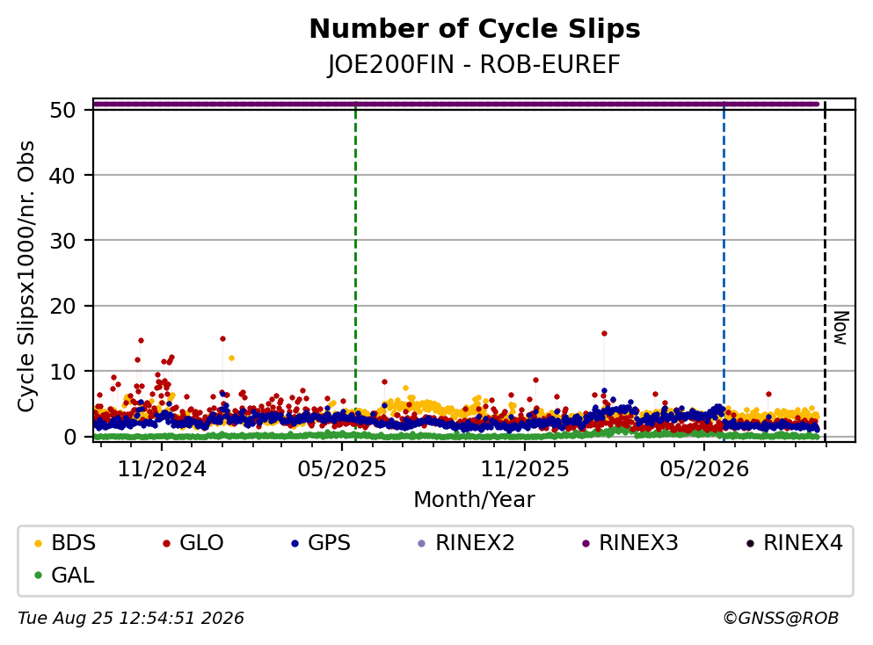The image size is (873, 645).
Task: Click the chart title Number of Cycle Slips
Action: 475,29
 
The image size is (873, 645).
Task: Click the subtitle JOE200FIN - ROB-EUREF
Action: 474,64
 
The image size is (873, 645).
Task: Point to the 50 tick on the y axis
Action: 62,110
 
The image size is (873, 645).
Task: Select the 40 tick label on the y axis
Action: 62,176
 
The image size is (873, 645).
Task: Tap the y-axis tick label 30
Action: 62,241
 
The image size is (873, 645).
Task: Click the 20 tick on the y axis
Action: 62,306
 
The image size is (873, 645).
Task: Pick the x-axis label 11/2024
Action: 162,469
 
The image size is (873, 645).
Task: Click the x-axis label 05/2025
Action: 341,469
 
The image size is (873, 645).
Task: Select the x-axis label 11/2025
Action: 525,469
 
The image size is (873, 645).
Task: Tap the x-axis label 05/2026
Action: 704,469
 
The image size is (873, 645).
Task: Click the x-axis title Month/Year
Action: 474,500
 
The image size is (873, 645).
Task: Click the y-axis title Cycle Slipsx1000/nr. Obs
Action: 26,277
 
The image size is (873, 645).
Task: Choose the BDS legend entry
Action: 64,543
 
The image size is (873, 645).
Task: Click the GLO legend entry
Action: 193,543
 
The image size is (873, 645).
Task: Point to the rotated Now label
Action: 840,328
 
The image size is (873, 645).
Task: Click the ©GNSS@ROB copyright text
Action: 781,619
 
